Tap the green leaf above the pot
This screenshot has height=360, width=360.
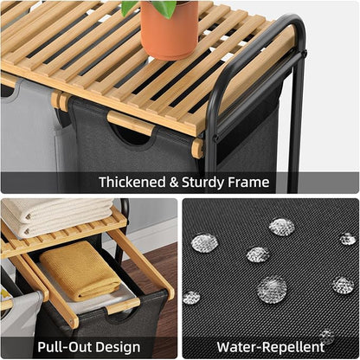[150, 7]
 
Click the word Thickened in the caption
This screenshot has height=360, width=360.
[132, 183]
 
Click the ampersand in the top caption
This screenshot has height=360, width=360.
[174, 183]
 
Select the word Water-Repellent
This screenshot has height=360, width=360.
[271, 347]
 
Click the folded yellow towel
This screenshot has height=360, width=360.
[80, 271]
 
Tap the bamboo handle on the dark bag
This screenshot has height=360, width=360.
[131, 123]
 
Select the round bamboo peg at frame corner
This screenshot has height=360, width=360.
[198, 148]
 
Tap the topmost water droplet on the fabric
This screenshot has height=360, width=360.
[282, 227]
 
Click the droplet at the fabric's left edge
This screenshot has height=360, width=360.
[191, 298]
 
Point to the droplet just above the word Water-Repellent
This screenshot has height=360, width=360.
[327, 337]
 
